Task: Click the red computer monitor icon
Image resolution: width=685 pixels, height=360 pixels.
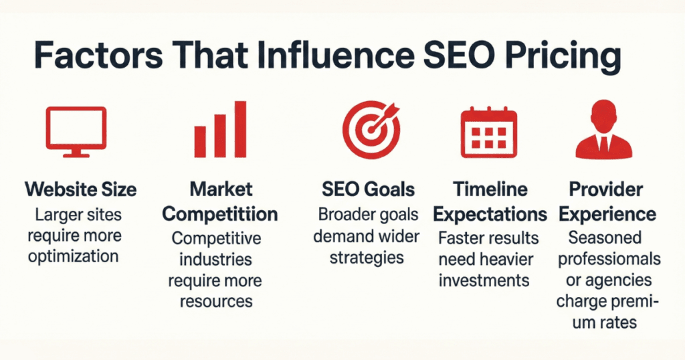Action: (x=75, y=130)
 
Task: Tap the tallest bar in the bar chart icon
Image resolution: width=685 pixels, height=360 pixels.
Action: (x=240, y=128)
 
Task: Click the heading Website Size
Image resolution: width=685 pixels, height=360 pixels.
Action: (x=81, y=189)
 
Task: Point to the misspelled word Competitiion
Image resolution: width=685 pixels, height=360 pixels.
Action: (x=220, y=214)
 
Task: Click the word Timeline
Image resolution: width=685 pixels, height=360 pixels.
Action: (x=490, y=189)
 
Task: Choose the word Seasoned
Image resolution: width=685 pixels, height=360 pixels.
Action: (x=604, y=237)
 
